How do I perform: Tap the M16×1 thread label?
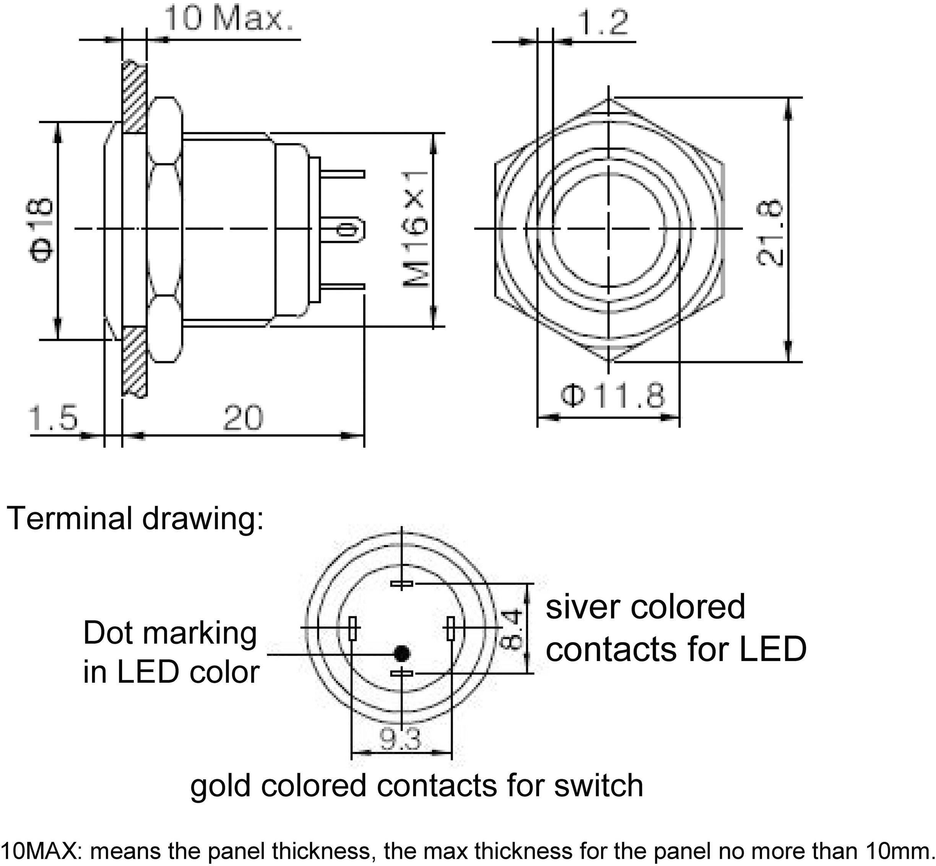coord(416,229)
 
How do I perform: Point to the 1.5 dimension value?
coord(53,418)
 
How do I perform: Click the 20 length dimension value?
coord(243,418)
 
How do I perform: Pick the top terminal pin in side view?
coord(343,174)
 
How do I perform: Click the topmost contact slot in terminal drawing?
coord(401,584)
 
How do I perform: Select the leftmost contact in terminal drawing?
coord(354,628)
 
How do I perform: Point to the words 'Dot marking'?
coord(170,633)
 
